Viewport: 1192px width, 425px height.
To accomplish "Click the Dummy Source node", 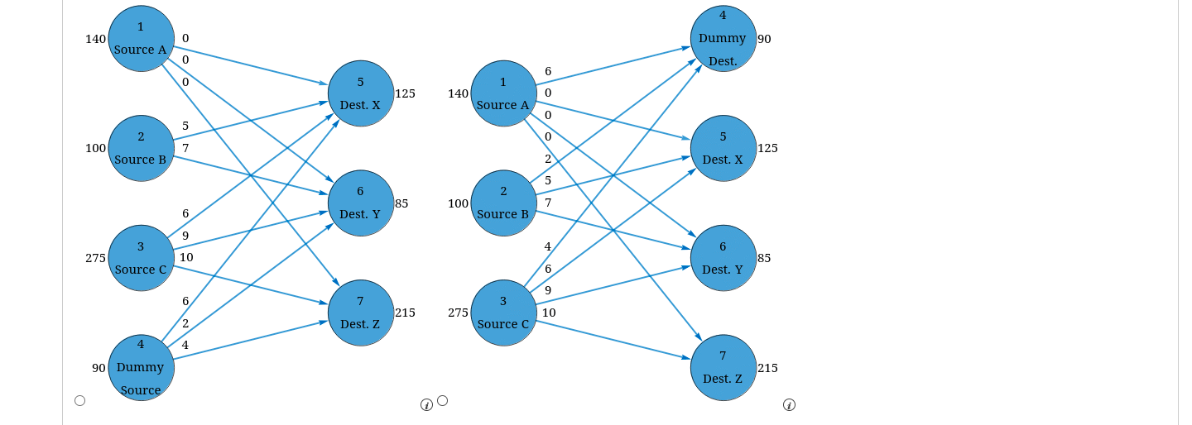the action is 141,367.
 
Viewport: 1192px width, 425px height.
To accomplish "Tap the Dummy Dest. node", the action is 723,38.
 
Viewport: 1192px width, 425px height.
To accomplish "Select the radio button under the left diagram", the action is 79,400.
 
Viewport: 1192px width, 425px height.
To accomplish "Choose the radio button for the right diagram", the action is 442,400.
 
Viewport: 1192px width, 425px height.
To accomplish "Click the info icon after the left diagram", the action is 426,405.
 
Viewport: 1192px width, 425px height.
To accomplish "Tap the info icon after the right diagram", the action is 789,405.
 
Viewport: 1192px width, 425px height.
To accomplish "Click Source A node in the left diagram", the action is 141,38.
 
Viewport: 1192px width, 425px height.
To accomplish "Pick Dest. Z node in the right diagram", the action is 723,367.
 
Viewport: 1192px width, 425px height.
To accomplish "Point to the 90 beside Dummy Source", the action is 99,368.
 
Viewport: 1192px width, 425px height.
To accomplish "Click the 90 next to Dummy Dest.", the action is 764,39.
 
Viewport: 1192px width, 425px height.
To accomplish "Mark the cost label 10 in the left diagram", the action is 186,257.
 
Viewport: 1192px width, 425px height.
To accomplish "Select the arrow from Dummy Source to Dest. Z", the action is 250,341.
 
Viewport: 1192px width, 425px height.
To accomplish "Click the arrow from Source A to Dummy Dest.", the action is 613,66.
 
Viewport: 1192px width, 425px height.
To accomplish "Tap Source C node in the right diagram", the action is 503,313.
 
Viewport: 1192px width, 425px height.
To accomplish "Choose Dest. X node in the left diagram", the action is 361,93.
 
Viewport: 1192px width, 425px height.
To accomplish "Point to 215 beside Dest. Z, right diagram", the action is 767,368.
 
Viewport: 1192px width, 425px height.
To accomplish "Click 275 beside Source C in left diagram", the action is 95,258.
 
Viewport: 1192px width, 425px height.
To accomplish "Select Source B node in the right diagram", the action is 503,203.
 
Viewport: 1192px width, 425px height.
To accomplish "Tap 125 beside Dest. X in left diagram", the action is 405,93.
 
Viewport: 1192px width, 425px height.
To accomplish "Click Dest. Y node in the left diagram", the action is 361,203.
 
